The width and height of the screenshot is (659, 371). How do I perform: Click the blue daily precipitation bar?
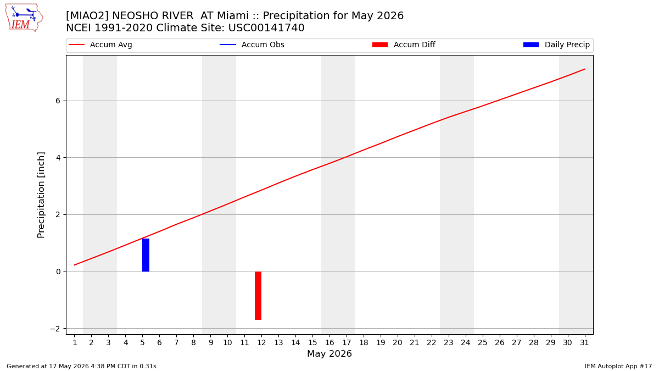146,255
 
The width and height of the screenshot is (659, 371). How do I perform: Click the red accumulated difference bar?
258,296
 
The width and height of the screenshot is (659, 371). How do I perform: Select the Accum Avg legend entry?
100,45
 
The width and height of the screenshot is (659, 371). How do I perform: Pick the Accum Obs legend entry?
252,45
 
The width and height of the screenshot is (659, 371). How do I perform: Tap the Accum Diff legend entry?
404,45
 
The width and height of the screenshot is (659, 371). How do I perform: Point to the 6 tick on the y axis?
58,101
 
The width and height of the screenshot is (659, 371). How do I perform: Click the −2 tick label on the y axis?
55,329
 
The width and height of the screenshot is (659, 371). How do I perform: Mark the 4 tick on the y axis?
58,158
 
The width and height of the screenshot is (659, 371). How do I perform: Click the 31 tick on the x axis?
584,342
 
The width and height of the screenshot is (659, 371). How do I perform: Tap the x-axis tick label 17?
347,342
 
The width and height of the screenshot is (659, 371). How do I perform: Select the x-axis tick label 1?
75,342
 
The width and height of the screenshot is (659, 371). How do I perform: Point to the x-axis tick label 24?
466,342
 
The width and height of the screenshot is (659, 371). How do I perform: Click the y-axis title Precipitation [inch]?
41,195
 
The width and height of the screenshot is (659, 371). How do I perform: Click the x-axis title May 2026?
329,353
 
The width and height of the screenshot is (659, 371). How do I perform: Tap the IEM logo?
24,18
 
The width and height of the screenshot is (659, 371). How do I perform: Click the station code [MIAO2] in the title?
88,15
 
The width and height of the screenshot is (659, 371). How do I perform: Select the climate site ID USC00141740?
266,28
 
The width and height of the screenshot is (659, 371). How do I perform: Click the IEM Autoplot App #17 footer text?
618,366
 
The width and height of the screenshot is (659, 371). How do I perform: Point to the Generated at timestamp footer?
81,366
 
